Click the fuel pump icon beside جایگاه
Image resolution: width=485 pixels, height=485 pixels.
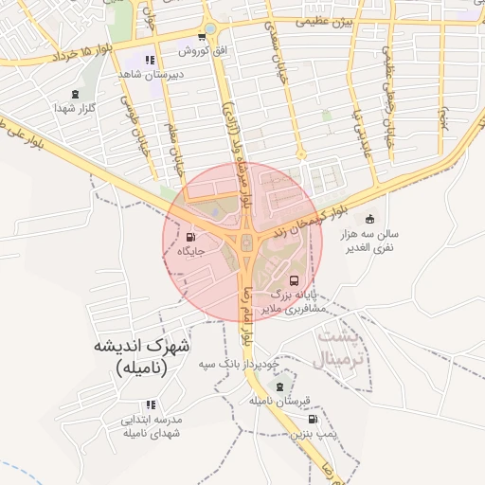click(191, 237)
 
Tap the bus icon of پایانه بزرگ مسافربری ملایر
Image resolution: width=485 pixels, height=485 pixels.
click(294, 281)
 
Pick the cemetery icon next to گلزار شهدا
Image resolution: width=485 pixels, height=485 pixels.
click(75, 94)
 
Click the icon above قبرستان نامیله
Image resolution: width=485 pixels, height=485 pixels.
click(278, 386)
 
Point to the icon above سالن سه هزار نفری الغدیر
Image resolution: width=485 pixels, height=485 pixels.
click(369, 219)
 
